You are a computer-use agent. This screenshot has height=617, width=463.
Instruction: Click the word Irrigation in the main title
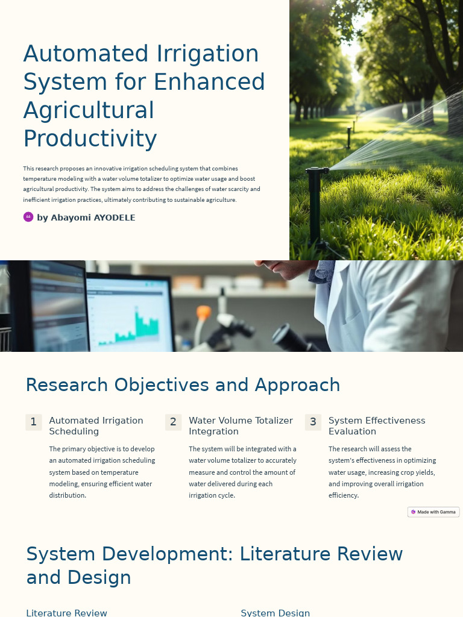click(x=208, y=54)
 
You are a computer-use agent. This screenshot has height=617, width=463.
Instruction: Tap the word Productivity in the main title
click(x=90, y=139)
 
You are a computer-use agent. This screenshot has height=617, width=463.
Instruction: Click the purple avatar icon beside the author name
click(x=28, y=217)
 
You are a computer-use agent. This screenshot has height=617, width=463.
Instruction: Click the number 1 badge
click(x=34, y=422)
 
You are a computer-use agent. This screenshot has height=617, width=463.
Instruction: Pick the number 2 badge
click(x=173, y=422)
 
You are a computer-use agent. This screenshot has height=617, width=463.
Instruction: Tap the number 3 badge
click(x=313, y=422)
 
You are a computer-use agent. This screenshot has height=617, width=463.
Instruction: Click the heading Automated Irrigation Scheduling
click(x=96, y=426)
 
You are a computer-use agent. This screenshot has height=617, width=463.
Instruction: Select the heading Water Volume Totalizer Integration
click(x=241, y=426)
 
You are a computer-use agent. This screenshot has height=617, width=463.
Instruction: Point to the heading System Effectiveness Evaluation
click(x=377, y=426)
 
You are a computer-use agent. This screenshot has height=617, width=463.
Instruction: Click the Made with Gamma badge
click(x=433, y=512)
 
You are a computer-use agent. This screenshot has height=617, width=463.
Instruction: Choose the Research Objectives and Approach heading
click(x=183, y=385)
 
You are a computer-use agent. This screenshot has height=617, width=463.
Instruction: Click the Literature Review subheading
click(x=66, y=612)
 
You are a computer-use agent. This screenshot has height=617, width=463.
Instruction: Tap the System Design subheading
click(x=275, y=612)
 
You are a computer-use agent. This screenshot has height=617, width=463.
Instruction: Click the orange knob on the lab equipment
click(x=204, y=313)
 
